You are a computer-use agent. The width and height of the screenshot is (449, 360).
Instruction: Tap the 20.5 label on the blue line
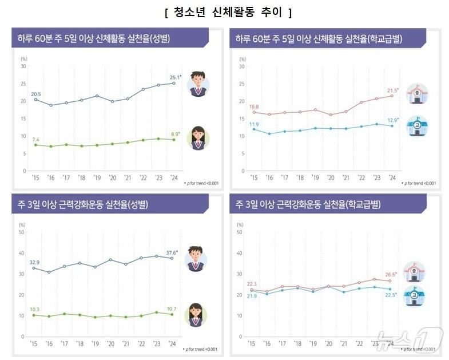(36, 94)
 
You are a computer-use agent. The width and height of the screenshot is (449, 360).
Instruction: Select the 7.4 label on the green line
(35, 140)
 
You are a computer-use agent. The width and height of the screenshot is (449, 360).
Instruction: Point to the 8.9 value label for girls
(175, 133)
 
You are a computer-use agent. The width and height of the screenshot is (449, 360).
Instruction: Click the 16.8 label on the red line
(253, 106)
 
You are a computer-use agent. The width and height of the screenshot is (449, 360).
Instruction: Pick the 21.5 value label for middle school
(392, 90)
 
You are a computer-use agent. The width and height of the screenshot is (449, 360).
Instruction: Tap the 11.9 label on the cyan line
(253, 124)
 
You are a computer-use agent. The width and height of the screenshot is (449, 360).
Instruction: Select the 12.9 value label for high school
(392, 120)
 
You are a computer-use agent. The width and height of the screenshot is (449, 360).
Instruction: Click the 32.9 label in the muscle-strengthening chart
(35, 262)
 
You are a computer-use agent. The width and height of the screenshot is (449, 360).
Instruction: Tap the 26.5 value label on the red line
(392, 274)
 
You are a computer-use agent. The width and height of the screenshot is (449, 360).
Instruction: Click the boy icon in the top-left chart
(198, 84)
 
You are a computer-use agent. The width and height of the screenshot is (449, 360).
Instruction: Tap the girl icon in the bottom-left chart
(196, 314)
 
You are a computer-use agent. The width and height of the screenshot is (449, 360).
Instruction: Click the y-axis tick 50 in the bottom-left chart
(22, 232)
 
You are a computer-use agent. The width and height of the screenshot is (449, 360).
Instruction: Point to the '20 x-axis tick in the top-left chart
(112, 177)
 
